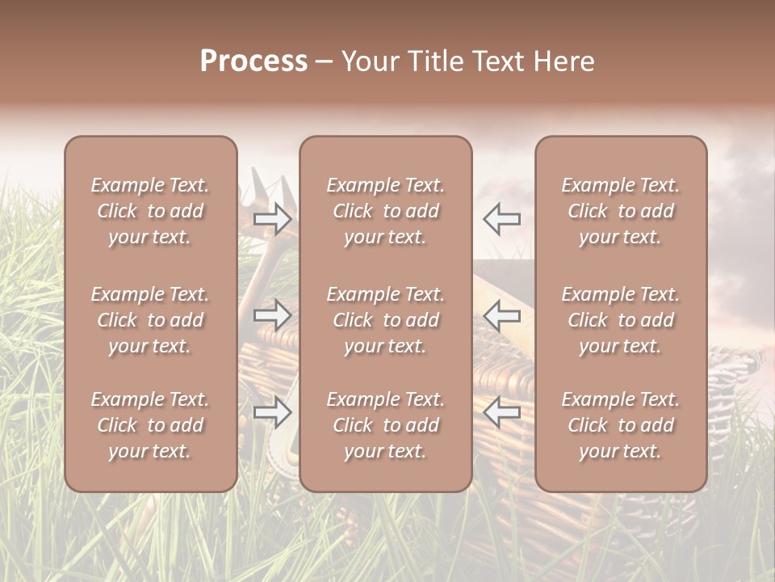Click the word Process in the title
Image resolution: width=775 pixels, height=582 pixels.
tap(253, 61)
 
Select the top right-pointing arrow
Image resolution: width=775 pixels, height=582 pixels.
tap(273, 219)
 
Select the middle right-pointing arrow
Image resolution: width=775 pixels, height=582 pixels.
tap(273, 315)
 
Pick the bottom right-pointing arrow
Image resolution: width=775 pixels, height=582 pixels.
tap(273, 412)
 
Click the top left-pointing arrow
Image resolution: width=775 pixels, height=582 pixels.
tap(502, 219)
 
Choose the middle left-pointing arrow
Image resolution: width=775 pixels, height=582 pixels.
tap(502, 315)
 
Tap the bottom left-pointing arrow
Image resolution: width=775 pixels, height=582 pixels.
tap(502, 412)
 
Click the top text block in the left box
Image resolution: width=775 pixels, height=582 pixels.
tap(150, 211)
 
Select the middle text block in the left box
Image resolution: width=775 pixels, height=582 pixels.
tap(150, 320)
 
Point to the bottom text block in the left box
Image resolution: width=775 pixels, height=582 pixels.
tap(150, 425)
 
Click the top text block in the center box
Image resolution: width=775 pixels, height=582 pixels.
tap(385, 211)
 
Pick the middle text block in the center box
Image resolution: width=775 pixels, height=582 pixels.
tap(385, 320)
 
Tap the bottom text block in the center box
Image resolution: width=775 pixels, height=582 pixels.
tap(385, 425)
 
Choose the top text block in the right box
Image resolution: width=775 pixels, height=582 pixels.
tap(620, 211)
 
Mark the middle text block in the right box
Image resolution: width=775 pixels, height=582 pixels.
tap(620, 320)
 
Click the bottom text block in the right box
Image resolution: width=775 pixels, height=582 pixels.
tap(620, 425)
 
